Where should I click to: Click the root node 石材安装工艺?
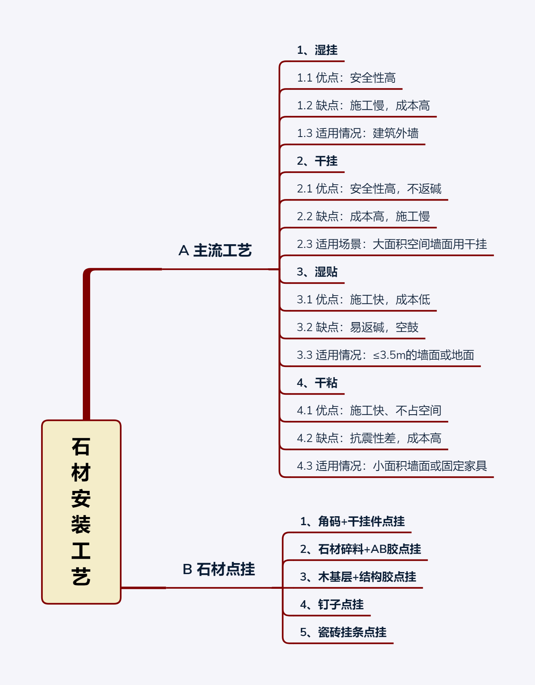tap(81, 512)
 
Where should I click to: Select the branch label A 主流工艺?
tap(215, 250)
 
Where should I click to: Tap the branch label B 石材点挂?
tap(219, 569)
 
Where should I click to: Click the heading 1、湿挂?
tap(317, 50)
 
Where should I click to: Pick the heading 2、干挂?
tap(317, 161)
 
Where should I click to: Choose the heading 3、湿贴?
tap(317, 272)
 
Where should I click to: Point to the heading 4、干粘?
tap(317, 383)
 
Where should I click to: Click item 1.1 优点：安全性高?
tap(346, 78)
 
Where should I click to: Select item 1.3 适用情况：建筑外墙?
tap(357, 133)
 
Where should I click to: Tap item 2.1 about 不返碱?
tap(369, 189)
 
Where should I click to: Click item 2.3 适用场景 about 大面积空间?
tap(391, 244)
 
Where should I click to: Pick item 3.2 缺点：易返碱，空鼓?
tap(357, 327)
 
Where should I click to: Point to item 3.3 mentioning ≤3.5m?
tap(385, 355)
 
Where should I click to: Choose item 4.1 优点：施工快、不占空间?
tap(369, 411)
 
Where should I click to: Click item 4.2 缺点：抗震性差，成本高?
tap(369, 438)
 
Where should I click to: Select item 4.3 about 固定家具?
tap(391, 466)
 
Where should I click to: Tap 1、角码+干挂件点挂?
tap(352, 521)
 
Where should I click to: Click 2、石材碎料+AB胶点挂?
tap(360, 549)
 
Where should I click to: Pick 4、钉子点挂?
tap(332, 605)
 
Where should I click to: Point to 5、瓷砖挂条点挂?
tap(343, 632)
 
